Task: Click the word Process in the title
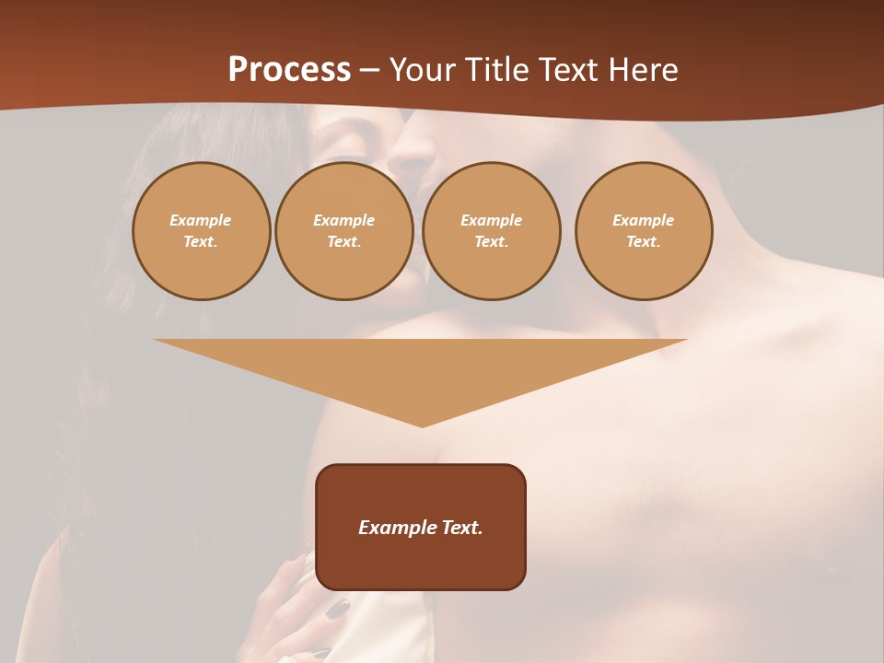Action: pos(289,70)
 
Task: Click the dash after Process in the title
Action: pos(369,71)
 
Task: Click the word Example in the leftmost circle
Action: pos(201,220)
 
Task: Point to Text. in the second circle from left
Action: pos(344,242)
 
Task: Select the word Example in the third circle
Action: pos(491,220)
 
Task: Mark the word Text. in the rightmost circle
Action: pos(644,242)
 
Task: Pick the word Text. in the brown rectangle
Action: pos(461,528)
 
